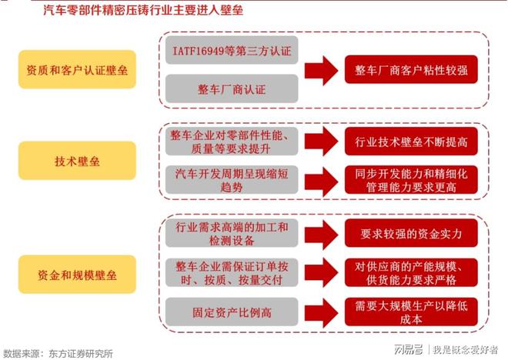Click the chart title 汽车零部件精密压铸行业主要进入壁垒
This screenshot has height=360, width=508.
(x=143, y=10)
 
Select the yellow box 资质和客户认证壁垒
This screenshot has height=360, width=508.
(x=77, y=69)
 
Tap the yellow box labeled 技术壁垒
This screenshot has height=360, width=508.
(x=77, y=161)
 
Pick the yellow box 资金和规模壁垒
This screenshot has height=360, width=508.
(x=77, y=274)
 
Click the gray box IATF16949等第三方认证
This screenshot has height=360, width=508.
(x=232, y=50)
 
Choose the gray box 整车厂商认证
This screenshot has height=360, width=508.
(x=232, y=88)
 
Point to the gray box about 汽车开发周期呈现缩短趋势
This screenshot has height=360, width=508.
(x=232, y=180)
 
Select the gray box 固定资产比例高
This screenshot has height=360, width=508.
(x=232, y=312)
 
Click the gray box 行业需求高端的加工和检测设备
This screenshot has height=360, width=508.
(x=232, y=233)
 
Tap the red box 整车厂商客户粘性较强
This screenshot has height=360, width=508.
(x=411, y=69)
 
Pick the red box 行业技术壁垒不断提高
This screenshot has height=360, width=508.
(x=411, y=141)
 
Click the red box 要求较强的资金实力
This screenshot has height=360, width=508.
(x=411, y=233)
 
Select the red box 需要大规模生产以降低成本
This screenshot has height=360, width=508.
(x=411, y=312)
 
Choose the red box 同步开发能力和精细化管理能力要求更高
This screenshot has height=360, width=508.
(x=411, y=180)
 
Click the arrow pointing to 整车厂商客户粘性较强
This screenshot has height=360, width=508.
(x=322, y=71)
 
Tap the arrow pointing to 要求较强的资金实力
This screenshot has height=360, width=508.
(x=322, y=234)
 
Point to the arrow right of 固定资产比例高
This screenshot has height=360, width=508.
(x=322, y=312)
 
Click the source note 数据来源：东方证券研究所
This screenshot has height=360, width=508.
(x=58, y=353)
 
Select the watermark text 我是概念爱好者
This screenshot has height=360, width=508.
(x=466, y=349)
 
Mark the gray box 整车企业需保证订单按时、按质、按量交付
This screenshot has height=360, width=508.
(x=232, y=272)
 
